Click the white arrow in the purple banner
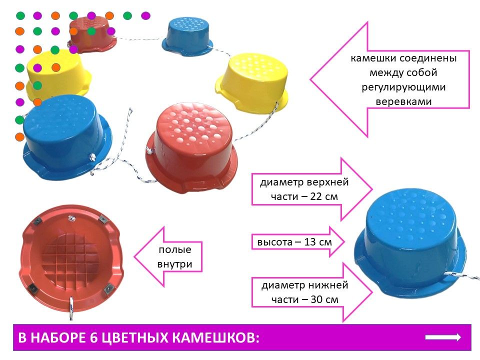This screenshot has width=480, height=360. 443,337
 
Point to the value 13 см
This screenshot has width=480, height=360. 318,242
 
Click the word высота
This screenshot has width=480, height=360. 275,242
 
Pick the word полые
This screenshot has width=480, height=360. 175,250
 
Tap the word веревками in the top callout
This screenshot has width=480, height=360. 403,101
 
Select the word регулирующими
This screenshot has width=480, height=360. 403,87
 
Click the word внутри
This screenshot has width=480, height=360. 174,264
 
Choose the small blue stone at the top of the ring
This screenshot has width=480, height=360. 187,36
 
